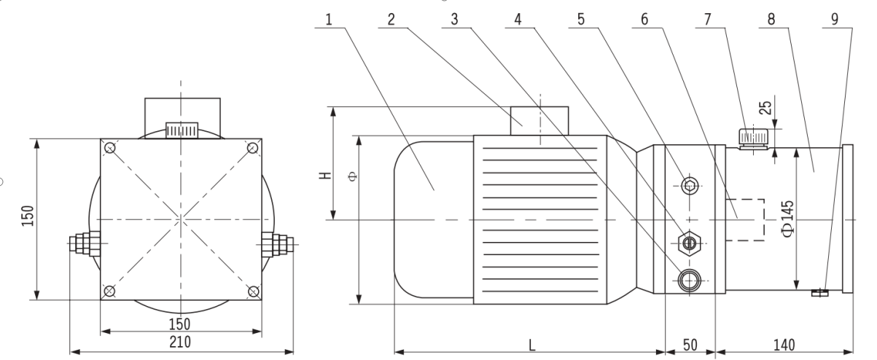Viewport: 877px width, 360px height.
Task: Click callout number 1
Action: coord(329,20)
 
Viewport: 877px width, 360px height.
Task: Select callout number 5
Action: coord(581,20)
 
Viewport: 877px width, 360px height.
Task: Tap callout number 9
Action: coord(834,20)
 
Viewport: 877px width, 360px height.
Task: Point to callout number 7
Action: coord(707,20)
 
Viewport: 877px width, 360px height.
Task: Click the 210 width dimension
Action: coord(180,342)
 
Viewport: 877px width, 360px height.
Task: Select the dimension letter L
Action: coord(531,345)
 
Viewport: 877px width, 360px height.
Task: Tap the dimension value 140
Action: coord(784,345)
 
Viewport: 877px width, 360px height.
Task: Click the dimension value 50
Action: coord(690,345)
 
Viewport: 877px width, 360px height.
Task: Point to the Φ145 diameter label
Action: coord(788,219)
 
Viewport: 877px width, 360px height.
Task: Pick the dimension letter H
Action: coord(325,176)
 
